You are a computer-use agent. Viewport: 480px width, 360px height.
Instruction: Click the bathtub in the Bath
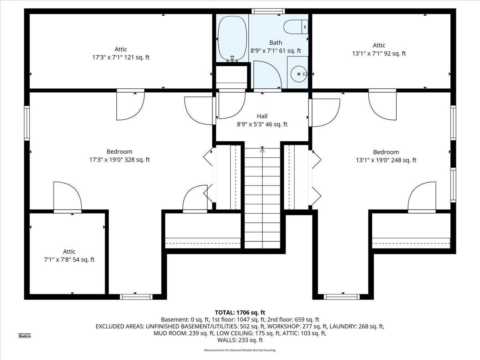[x=232, y=38]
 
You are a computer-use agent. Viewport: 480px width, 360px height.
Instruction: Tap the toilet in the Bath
[x=296, y=27]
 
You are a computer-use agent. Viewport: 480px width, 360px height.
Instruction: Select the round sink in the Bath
[x=299, y=74]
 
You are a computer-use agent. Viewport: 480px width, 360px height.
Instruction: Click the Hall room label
[x=262, y=116]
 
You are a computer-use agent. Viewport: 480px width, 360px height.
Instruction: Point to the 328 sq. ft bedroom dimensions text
[x=119, y=160]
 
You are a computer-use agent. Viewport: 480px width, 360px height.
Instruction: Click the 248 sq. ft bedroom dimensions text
[x=386, y=160]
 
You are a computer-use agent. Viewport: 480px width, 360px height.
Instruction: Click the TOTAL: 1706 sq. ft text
[x=240, y=312]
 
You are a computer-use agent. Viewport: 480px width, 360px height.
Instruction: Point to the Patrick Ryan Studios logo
[x=25, y=336]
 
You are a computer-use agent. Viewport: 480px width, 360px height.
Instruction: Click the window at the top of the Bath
[x=268, y=11]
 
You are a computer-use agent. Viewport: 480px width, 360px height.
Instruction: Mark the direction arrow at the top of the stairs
[x=262, y=150]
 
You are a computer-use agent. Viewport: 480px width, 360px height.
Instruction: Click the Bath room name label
[x=276, y=43]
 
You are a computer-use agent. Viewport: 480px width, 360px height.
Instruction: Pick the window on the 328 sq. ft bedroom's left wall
[x=27, y=123]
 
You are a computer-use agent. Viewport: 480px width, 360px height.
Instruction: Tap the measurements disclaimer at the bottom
[x=240, y=350]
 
